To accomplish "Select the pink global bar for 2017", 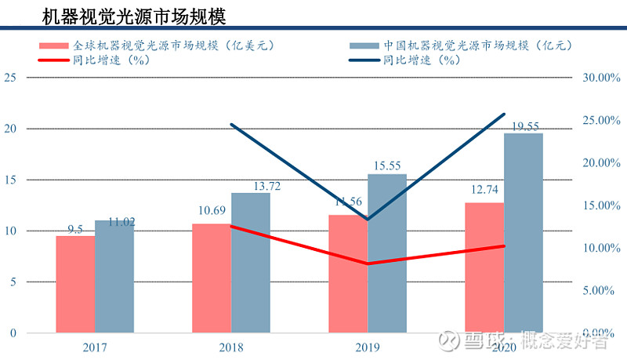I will click(75, 284).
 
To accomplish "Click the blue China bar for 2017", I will click(114, 276).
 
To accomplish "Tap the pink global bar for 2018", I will click(212, 278).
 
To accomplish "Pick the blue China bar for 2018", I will click(251, 263).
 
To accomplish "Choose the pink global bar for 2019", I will click(348, 275).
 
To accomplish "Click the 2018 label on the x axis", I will click(230, 347).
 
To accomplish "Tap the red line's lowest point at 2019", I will click(368, 264).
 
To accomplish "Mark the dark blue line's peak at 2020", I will click(504, 115).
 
